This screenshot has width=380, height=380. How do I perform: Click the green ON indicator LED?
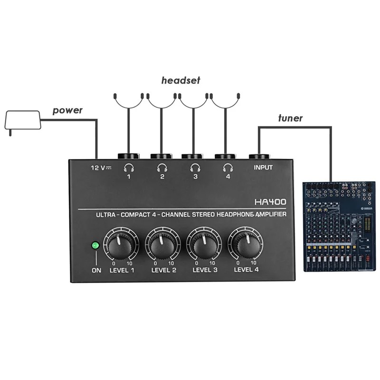tap(95, 246)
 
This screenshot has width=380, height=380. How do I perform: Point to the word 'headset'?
tap(180, 81)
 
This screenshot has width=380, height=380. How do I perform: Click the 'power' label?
tap(67, 110)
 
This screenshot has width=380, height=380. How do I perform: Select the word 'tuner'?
tap(290, 118)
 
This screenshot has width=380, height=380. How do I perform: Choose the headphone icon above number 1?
tap(129, 167)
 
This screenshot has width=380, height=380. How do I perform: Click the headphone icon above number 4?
tap(228, 167)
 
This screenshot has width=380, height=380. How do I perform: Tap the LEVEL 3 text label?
tap(205, 271)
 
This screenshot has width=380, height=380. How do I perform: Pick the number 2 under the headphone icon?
tap(162, 177)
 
